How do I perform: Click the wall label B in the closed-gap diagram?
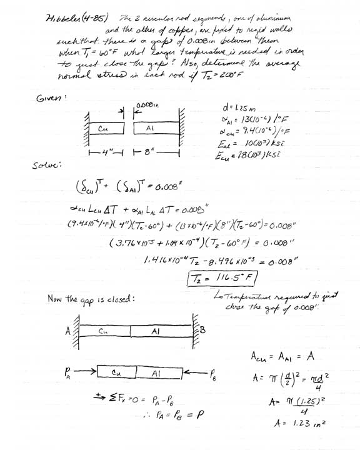[201, 330]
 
